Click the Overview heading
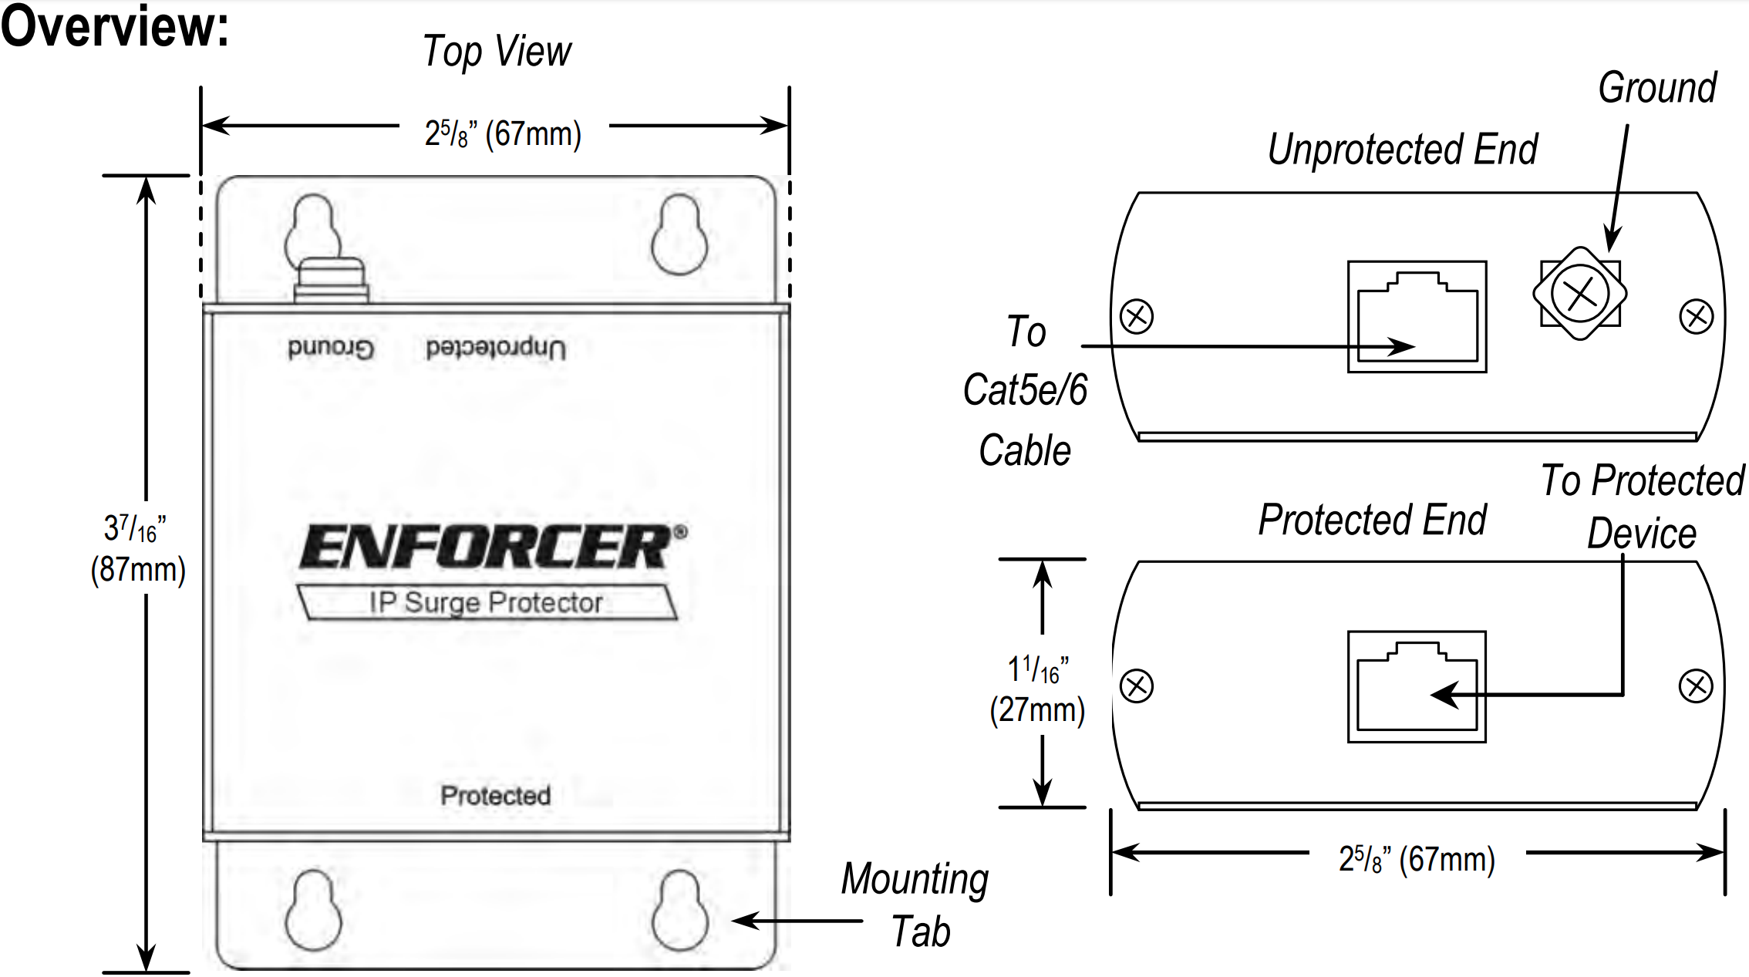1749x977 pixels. [x=114, y=26]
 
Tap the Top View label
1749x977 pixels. [x=497, y=52]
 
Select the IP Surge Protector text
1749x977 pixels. [x=486, y=602]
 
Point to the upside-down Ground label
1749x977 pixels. [x=330, y=348]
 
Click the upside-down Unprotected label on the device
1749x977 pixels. [x=496, y=348]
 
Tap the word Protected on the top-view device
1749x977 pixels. [x=495, y=795]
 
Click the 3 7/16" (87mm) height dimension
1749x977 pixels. [x=137, y=549]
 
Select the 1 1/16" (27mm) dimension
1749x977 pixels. [x=1037, y=689]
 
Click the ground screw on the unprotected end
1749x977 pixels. [x=1579, y=293]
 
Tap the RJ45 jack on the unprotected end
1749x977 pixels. [x=1417, y=317]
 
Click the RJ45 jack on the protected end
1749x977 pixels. [x=1417, y=687]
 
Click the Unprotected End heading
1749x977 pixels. [x=1403, y=149]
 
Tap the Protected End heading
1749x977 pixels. [x=1372, y=520]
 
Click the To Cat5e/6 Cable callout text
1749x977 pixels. [x=1025, y=391]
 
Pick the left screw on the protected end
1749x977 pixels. [x=1137, y=686]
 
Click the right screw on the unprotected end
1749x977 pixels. [x=1696, y=317]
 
